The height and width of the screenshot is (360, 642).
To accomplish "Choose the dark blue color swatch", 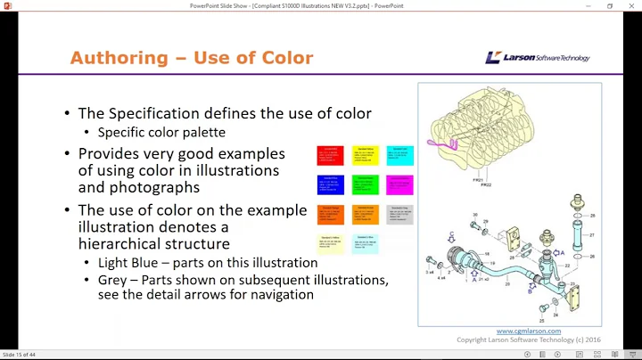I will [330, 184].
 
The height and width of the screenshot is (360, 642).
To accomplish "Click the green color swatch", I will [364, 184].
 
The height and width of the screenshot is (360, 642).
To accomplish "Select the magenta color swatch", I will [399, 184].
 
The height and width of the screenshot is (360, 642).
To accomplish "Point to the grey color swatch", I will [399, 215].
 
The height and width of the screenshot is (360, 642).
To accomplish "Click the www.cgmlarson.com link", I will [523, 331].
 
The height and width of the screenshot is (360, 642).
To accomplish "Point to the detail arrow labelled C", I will [451, 236].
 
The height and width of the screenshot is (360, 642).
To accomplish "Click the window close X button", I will [631, 5].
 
